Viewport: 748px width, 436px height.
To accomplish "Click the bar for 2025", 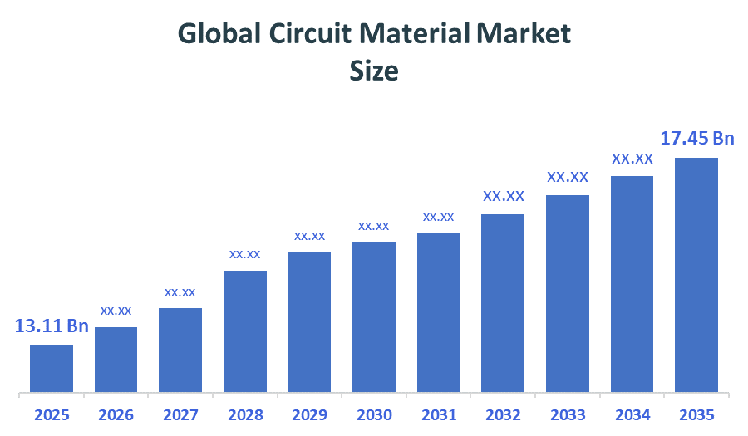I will pos(52,368).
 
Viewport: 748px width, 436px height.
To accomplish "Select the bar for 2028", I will pos(245,331).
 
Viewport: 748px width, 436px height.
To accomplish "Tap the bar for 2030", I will pos(374,316).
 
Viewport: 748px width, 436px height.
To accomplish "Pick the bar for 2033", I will pos(568,293).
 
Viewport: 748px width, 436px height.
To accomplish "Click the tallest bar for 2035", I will pos(696,274).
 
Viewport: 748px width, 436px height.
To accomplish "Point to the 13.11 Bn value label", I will pos(52,326).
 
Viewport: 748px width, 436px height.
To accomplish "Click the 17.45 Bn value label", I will pos(696,138).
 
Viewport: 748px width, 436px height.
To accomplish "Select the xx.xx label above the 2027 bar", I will pos(180,292).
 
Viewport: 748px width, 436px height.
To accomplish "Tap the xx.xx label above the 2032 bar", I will pos(504,197).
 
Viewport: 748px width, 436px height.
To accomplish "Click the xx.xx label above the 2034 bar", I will pos(632,159).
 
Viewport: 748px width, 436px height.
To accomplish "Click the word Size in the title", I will pos(374,71).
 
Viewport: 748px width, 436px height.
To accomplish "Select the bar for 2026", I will pos(116,359).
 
